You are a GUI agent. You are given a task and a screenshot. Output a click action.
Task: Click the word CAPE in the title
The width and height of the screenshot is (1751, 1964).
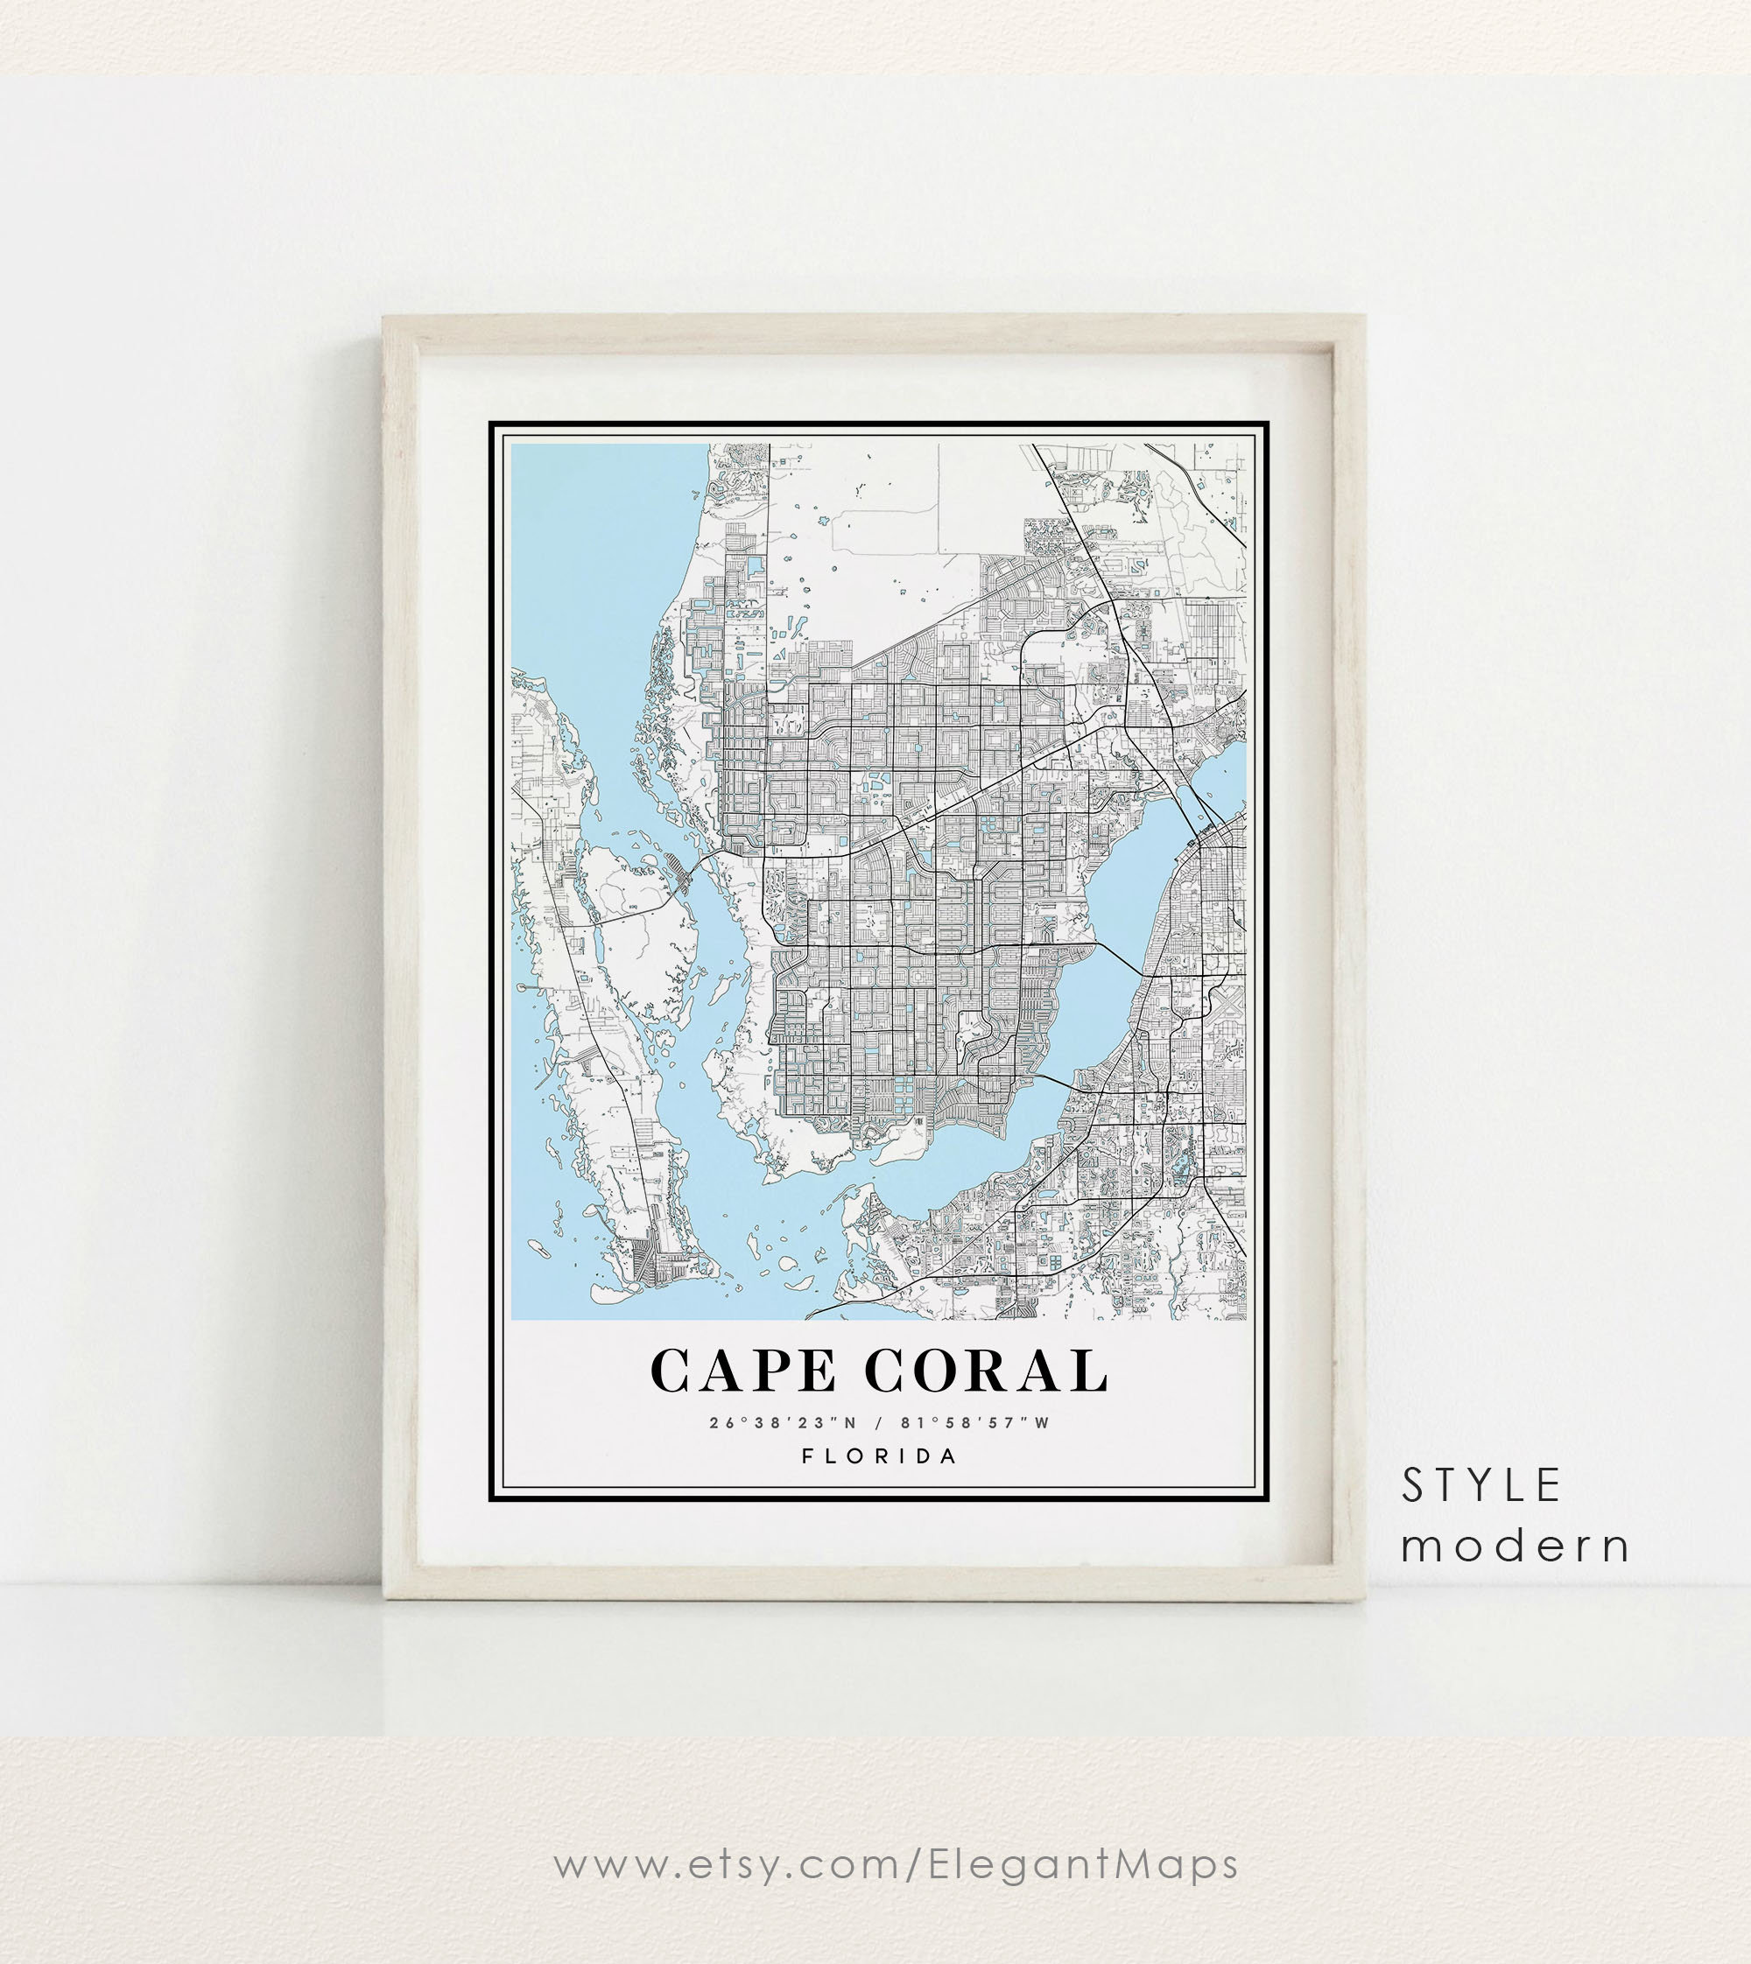(742, 1371)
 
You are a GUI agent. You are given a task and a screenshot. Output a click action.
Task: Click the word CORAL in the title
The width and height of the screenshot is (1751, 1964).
(986, 1371)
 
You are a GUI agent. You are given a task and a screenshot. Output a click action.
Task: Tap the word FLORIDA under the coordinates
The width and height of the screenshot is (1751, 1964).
(879, 1456)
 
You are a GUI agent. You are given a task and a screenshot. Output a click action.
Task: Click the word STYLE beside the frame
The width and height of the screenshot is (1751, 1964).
(1480, 1486)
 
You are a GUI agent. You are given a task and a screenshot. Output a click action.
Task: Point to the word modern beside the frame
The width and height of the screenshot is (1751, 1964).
(1515, 1546)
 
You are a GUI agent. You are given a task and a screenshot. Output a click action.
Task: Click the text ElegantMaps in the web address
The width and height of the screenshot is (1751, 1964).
(1083, 1864)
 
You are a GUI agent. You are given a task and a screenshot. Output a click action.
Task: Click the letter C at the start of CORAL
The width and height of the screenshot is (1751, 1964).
(884, 1371)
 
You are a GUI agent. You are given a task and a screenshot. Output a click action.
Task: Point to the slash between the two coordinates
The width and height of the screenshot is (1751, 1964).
(878, 1422)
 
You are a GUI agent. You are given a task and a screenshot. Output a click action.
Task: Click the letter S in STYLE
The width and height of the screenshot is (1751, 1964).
(1412, 1486)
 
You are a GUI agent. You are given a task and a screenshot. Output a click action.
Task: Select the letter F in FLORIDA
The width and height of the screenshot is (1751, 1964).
(807, 1456)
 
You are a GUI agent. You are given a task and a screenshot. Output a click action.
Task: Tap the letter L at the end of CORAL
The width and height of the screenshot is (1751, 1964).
(1091, 1371)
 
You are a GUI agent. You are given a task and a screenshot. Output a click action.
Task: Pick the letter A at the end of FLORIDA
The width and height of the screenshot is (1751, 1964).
(950, 1456)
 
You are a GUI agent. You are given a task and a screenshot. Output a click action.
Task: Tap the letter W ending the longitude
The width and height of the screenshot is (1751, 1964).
(1042, 1422)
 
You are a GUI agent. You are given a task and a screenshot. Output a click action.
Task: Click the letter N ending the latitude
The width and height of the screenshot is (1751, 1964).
(849, 1422)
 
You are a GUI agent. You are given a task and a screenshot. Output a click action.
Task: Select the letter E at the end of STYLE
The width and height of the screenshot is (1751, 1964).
(1549, 1486)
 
